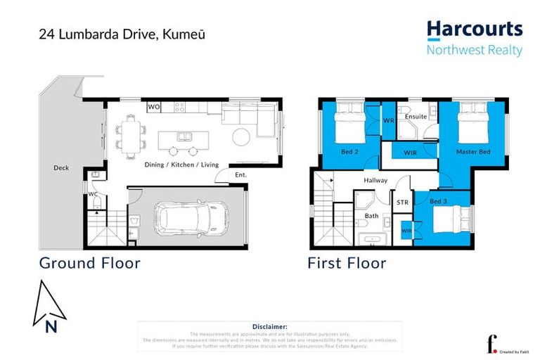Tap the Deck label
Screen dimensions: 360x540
[60, 168]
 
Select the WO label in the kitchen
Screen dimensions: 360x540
[154, 108]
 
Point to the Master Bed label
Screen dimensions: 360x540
[473, 152]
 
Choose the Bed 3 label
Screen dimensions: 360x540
[438, 202]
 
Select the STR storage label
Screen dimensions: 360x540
[402, 202]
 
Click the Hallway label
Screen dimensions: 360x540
[375, 181]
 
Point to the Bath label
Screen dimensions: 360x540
[372, 216]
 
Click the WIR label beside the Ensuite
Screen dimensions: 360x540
[409, 152]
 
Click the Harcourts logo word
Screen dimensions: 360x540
[475, 30]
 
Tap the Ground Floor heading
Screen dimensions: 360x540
[89, 263]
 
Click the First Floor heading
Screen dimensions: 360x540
[347, 263]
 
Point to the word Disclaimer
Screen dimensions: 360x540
[269, 327]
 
